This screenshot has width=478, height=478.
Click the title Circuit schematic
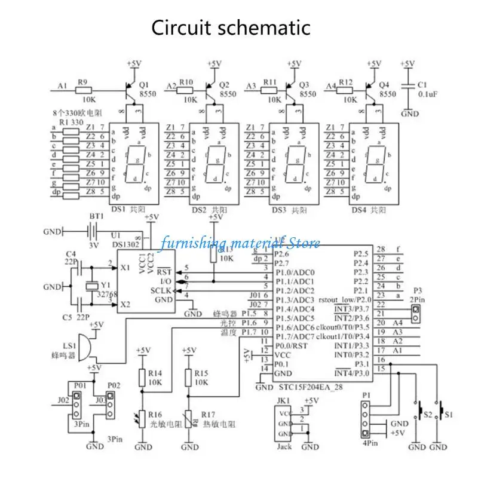coord(230,28)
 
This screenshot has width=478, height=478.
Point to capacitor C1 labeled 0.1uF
coord(408,87)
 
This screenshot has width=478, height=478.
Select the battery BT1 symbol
coord(93,231)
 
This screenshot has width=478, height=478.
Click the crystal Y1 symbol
coord(91,286)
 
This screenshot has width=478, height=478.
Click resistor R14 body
coord(143,378)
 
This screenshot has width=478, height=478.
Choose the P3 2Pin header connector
coord(414,311)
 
